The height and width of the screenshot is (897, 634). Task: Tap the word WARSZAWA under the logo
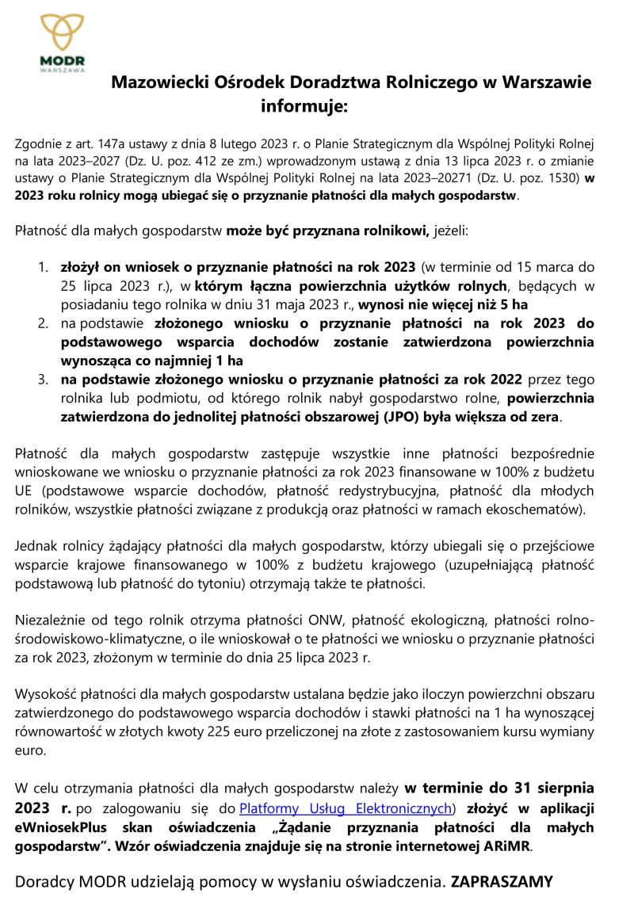tap(63, 70)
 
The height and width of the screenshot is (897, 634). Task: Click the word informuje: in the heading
tap(304, 104)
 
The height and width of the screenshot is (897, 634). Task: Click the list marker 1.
tap(44, 269)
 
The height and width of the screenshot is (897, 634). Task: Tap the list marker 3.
tap(44, 379)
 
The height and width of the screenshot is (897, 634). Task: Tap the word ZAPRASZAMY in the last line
tap(502, 881)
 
